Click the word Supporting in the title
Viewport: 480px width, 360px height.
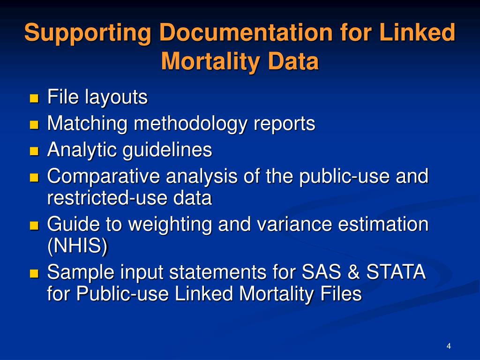click(87, 34)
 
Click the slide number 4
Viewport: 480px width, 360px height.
click(449, 346)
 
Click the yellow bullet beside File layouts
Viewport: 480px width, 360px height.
click(34, 98)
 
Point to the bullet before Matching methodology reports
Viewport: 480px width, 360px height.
click(34, 125)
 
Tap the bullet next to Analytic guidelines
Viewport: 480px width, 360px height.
click(34, 151)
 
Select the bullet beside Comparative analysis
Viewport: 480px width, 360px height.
click(34, 178)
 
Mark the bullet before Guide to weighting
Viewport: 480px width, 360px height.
click(34, 225)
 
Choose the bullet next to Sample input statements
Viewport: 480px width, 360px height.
click(34, 273)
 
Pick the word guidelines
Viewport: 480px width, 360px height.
click(167, 150)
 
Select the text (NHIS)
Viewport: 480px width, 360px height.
click(77, 247)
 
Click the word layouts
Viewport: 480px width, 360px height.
click(116, 98)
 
